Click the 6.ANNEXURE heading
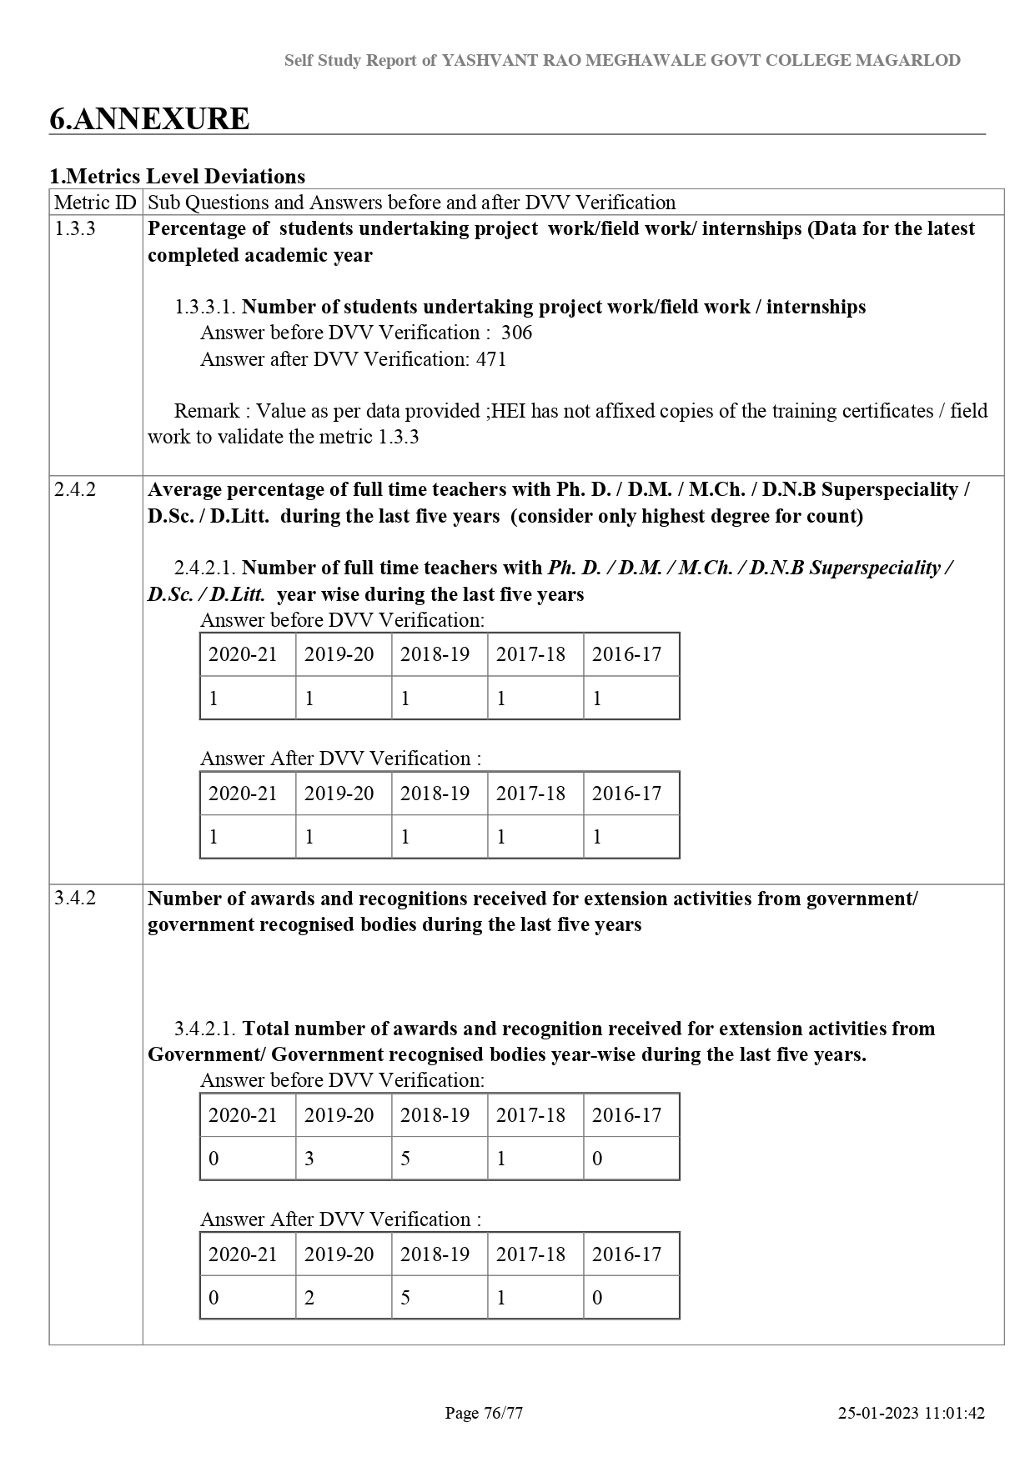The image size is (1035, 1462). (x=149, y=118)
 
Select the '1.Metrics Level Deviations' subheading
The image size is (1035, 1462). (x=177, y=176)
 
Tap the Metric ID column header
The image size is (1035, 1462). (x=95, y=203)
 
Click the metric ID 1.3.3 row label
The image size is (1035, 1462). (x=75, y=228)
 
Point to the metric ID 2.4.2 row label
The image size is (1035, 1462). (x=75, y=489)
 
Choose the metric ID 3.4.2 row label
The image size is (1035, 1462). (x=75, y=898)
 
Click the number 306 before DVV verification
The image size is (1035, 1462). (x=516, y=333)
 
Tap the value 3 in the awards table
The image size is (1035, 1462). (x=309, y=1159)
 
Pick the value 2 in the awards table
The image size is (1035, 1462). (x=309, y=1298)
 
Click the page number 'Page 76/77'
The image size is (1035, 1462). (x=484, y=1413)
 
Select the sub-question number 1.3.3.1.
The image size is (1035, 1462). (x=205, y=307)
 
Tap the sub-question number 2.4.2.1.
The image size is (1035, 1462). (x=205, y=568)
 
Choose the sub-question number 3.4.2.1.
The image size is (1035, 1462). (x=205, y=1029)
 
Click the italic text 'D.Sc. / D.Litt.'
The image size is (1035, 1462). (x=206, y=594)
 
